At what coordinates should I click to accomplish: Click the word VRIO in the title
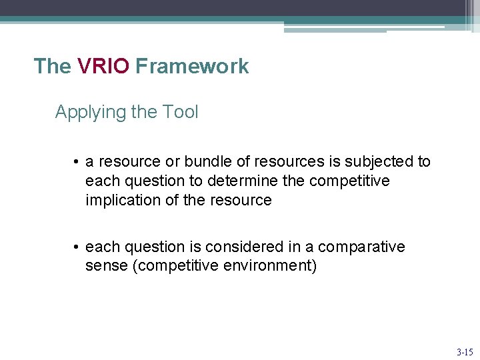(x=103, y=66)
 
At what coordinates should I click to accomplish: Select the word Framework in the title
(x=191, y=66)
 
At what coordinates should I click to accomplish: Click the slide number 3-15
(x=465, y=351)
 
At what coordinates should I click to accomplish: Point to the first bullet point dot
(x=77, y=162)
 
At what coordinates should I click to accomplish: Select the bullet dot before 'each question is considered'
(x=77, y=247)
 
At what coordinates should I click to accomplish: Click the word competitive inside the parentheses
(x=177, y=266)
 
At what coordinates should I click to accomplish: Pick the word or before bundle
(x=172, y=161)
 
